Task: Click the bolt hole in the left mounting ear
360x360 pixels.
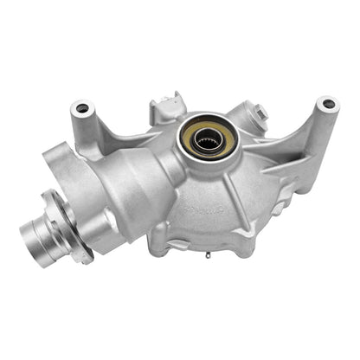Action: (83, 108)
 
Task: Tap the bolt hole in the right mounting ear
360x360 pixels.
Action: (326, 105)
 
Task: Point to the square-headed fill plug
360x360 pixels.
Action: (260, 111)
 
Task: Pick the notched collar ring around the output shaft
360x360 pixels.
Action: (64, 238)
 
